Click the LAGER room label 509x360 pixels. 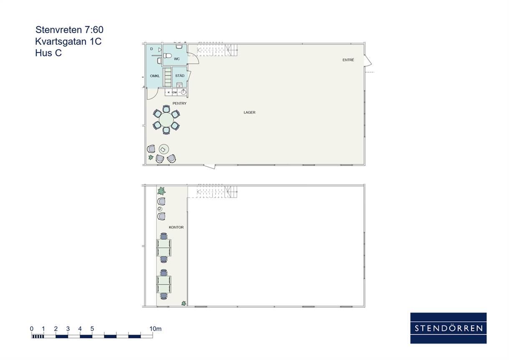(x=249, y=113)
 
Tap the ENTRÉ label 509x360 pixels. (x=348, y=60)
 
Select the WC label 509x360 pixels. (x=177, y=59)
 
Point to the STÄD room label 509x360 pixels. (x=179, y=76)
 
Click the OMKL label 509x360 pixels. (x=155, y=76)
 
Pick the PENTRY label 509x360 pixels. (x=179, y=103)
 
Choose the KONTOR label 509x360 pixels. (x=176, y=227)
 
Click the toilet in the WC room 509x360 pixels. (x=167, y=55)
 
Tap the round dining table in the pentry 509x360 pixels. (x=166, y=120)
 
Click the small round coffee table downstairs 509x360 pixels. (x=164, y=149)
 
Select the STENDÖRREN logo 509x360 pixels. (x=449, y=328)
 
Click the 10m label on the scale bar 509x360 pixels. (x=156, y=329)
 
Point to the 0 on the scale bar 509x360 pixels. (x=32, y=329)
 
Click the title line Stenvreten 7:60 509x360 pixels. (x=69, y=30)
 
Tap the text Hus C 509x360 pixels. (x=48, y=53)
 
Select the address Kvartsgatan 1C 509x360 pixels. (x=68, y=41)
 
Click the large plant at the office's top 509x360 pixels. (x=161, y=191)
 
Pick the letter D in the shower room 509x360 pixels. (x=151, y=49)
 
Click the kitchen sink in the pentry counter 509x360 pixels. (x=184, y=92)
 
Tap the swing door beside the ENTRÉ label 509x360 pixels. (x=368, y=60)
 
